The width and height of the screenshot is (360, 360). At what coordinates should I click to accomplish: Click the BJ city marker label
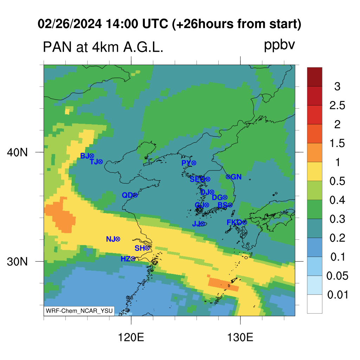coord(84,156)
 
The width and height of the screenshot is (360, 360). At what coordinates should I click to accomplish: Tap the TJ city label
coord(94,162)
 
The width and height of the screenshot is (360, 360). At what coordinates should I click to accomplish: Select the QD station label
coord(127,195)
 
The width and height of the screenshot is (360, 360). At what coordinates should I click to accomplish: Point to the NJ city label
coord(110,239)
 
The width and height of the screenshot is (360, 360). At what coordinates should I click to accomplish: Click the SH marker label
coord(140,248)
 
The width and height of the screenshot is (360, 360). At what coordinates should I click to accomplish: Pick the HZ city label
coord(126,259)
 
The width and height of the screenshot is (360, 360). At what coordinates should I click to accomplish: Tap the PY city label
coord(186,163)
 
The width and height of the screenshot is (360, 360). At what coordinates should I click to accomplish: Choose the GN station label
coord(236,177)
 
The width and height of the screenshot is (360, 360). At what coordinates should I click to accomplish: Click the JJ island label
coord(196,224)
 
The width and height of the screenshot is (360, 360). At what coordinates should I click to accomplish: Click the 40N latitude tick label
coord(17,152)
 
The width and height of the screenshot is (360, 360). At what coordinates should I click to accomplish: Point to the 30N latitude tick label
coord(17,262)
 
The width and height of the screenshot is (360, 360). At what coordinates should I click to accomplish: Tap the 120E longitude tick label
coord(131,337)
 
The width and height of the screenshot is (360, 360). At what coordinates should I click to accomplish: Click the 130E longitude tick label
coord(240,337)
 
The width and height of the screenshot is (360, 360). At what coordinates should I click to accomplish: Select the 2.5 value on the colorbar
coord(337,105)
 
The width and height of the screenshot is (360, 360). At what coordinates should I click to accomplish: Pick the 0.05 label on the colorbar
coord(337,276)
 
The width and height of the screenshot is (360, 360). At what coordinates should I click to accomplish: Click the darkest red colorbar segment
coord(315,77)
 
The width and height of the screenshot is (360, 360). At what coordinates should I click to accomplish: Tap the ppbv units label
coord(279,45)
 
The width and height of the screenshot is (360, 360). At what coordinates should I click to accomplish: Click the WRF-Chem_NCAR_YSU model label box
coord(79,311)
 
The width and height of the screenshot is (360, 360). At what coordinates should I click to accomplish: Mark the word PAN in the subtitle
coord(57,47)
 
